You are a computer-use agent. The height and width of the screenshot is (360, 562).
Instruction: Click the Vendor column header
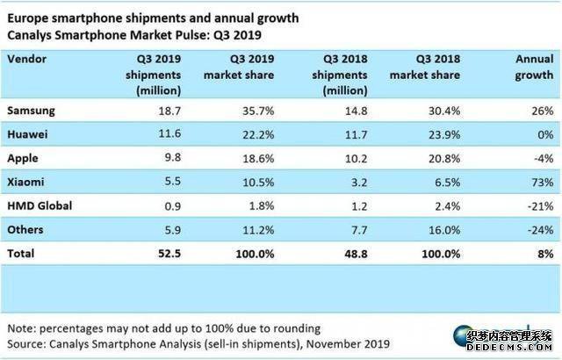pyautogui.click(x=28, y=59)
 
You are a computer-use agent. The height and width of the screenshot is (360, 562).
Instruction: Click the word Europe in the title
pyautogui.click(x=29, y=16)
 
